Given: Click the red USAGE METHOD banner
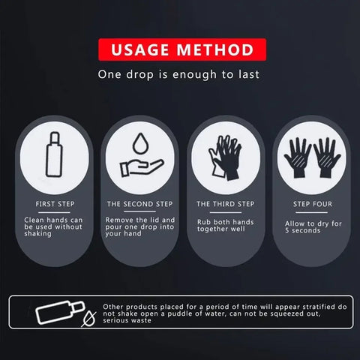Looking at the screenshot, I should [179, 51].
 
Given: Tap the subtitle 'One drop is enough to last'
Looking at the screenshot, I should [179, 75].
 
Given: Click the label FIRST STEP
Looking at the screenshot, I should [55, 203].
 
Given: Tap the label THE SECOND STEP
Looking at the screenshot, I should [139, 203].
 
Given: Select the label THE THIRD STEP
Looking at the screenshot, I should [225, 203].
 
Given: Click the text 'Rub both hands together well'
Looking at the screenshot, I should [225, 226].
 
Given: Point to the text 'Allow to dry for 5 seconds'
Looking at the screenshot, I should [313, 226].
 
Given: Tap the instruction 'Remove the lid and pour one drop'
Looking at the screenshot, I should [139, 226].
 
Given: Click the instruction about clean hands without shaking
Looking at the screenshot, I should [53, 226].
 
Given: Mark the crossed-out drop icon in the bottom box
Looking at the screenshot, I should [88, 317].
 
